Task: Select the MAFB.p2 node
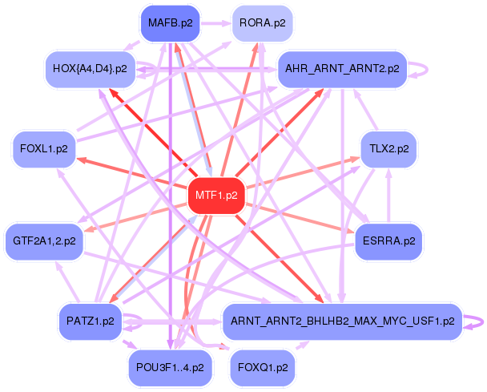[170, 23]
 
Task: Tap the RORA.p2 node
[262, 23]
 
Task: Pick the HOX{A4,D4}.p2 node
[89, 69]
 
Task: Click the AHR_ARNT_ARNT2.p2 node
[342, 69]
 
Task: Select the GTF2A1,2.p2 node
[44, 240]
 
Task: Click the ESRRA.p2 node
[388, 240]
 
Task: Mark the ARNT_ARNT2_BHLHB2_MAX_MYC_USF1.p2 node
[342, 321]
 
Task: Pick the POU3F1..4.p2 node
[170, 368]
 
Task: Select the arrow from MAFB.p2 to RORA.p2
[215, 23]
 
